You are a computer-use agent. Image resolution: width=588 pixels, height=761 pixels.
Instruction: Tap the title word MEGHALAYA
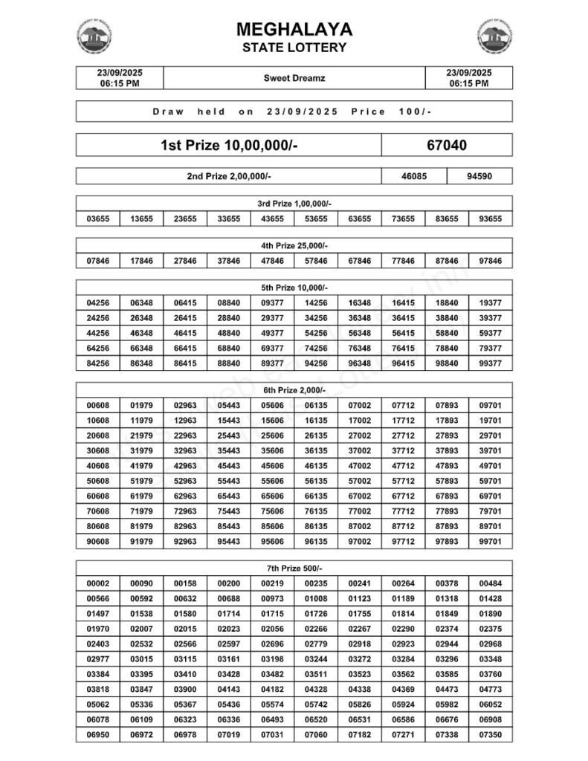coord(294,30)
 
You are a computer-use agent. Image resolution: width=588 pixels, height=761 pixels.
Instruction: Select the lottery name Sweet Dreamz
coord(294,78)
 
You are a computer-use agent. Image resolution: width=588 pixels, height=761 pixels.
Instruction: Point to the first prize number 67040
coord(447,145)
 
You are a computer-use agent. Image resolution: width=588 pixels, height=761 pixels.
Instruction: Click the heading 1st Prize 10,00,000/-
coord(229,145)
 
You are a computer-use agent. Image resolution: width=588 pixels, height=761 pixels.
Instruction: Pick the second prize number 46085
coord(414,177)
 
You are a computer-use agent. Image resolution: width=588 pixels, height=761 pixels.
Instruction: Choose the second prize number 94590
coord(479,177)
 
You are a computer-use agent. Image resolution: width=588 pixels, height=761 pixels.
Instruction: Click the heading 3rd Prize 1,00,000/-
coord(294,204)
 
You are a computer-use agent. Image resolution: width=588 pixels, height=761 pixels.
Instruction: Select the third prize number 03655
coord(98,219)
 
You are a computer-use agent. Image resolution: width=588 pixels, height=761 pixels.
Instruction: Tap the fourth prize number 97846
coord(491,261)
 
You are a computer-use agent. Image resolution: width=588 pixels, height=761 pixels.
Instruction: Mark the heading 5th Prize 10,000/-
coord(294,288)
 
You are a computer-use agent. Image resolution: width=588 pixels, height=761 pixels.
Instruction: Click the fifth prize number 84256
coord(98,363)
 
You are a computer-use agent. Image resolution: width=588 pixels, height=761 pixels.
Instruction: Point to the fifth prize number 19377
coord(491,303)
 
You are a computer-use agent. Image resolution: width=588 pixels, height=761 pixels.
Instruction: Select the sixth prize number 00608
coord(98,405)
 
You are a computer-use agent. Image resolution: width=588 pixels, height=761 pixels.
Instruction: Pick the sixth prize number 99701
coord(491,541)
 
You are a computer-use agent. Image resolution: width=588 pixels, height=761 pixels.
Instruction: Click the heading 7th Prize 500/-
coord(294,569)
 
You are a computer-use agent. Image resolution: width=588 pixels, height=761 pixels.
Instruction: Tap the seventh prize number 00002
coord(98,584)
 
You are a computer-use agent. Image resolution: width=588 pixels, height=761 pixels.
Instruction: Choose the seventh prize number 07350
coord(491,736)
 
